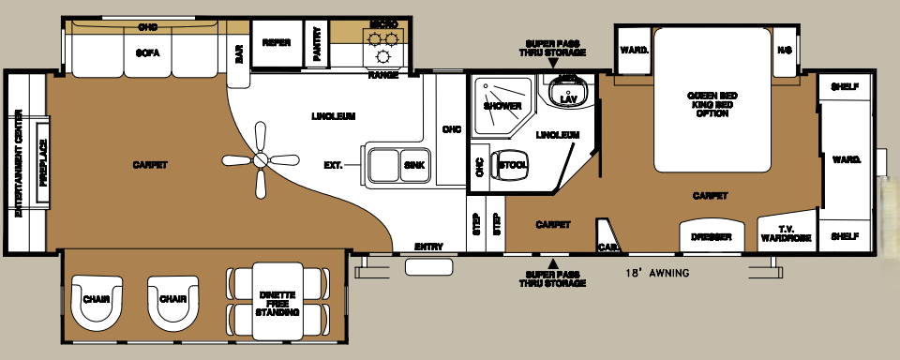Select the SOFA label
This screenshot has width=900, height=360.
tap(147, 53)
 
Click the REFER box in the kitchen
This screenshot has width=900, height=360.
tap(276, 42)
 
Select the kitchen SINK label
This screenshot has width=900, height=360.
tap(413, 165)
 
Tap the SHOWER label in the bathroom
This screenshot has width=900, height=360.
tap(502, 106)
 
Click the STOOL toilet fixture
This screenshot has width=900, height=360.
tap(512, 165)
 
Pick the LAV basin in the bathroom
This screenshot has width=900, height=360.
tap(567, 97)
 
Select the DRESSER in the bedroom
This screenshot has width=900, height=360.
tap(711, 237)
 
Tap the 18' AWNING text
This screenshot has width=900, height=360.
tap(657, 274)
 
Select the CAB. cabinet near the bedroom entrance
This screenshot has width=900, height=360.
tap(606, 247)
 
